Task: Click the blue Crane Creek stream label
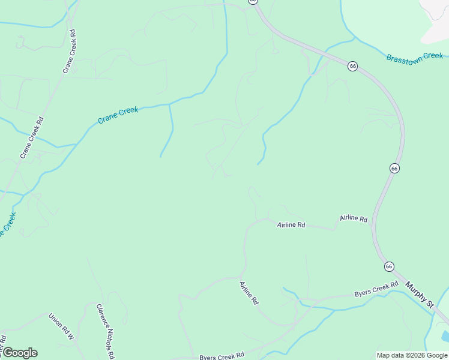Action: coord(118,115)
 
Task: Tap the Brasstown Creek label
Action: coord(415,58)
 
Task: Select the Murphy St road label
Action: coord(419,295)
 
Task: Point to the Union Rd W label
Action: coord(61,326)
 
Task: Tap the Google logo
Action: coord(19,353)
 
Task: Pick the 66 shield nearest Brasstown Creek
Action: coord(352,66)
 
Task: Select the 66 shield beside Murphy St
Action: coord(389,266)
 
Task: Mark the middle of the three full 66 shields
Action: coord(394,169)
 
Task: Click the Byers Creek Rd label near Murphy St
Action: coord(376,289)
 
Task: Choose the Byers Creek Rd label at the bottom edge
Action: coord(221,356)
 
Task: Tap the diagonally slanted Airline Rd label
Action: coord(249,293)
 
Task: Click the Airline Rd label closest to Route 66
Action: coord(354,219)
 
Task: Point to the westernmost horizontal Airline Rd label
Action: coord(291,225)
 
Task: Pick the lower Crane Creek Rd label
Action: coord(32,138)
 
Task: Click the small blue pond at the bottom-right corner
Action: coord(445,336)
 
